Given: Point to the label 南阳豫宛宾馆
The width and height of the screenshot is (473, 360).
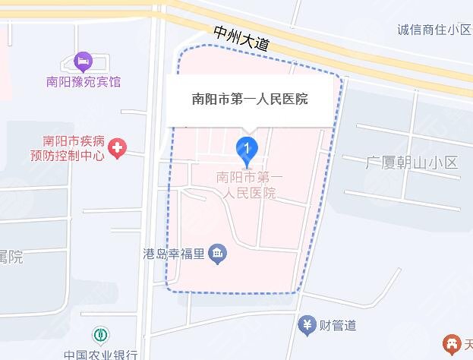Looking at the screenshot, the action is coord(84,81).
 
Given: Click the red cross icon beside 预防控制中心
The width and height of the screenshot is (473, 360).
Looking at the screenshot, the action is coord(117,148).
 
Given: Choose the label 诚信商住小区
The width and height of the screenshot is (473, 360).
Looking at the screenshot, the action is coord(434,30).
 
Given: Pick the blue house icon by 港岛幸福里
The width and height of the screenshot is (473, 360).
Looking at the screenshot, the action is coord(218,254).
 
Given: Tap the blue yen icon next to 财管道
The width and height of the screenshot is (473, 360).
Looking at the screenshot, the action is coord(307,325).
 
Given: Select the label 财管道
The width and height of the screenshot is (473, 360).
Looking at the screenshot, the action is coord(338,326).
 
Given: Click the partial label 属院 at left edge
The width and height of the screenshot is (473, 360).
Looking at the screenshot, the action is coord(11,257).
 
